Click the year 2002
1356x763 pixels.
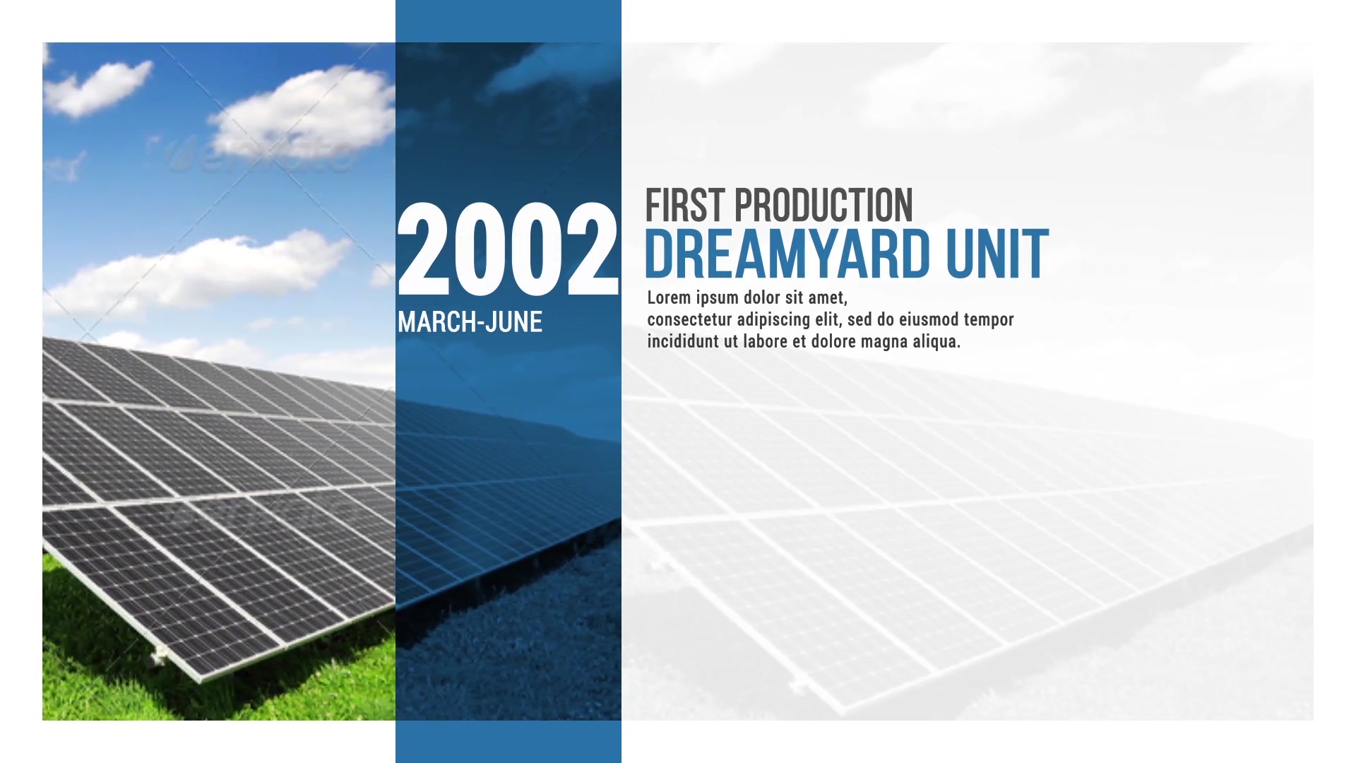pyautogui.click(x=508, y=249)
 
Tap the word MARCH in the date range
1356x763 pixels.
pyautogui.click(x=438, y=322)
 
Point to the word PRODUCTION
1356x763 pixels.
pyautogui.click(x=824, y=206)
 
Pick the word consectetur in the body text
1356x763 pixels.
pyautogui.click(x=689, y=319)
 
